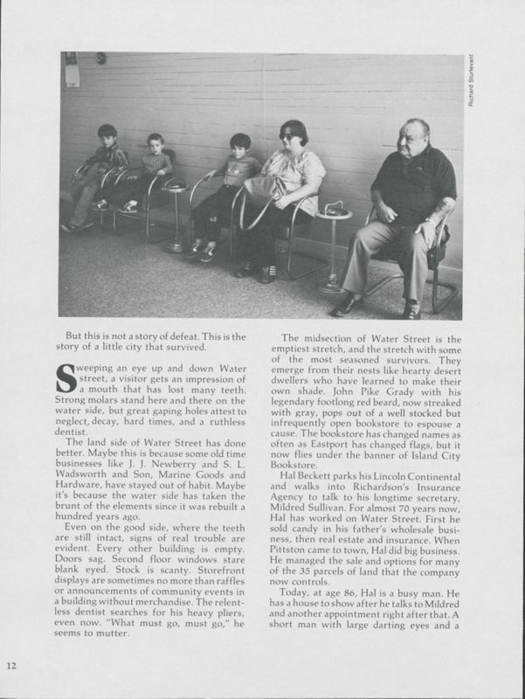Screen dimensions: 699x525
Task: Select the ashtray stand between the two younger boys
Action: click(176, 214)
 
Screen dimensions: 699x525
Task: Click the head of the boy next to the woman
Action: click(240, 146)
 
